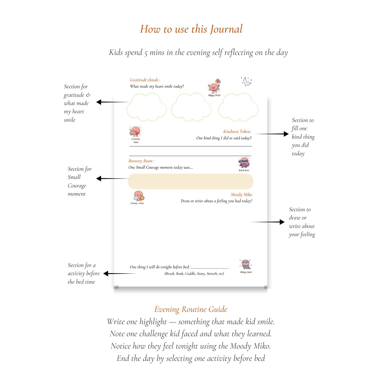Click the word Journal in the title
point(226,29)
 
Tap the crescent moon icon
point(247,81)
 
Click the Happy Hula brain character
point(214,86)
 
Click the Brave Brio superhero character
point(244,163)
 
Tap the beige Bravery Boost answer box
point(190,181)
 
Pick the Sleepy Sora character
point(246,265)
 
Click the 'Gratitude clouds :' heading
point(145,80)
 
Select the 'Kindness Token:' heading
point(237,132)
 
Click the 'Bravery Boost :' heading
point(141,161)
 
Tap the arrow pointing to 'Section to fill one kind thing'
point(272,134)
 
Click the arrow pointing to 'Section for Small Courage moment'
point(113,178)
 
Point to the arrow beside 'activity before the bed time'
point(120,274)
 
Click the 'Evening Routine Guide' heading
point(191,309)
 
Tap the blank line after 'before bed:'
point(209,267)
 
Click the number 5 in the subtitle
point(146,53)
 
